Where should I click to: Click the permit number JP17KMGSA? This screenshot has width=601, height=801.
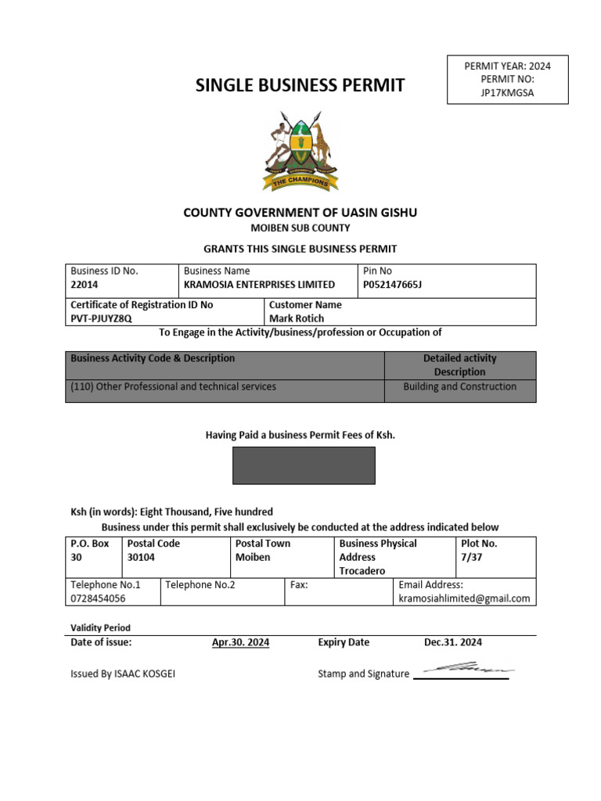pos(507,93)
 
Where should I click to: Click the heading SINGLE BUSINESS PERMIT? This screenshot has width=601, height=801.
pos(300,86)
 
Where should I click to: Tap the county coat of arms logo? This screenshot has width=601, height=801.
pos(300,151)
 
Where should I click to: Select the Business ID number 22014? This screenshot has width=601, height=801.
pos(85,285)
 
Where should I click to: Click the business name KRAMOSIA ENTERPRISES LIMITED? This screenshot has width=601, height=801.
pos(259,285)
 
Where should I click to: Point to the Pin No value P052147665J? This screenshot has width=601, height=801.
pos(391,285)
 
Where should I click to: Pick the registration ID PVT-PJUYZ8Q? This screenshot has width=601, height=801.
pos(102,318)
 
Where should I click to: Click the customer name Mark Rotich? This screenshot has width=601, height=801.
pos(297,318)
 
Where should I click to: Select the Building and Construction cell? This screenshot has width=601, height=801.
pos(460,386)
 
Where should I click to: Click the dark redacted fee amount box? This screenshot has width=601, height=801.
pos(304,465)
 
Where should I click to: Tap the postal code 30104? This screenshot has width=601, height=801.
pos(142,557)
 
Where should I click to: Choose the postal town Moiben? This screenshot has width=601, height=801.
pos(253,557)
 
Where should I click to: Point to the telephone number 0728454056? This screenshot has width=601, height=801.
pos(98,598)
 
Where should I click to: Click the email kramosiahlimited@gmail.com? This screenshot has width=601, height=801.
pos(464,598)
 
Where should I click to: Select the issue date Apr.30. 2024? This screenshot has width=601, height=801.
pos(241,642)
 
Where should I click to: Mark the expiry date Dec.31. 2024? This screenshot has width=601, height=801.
pos(453,642)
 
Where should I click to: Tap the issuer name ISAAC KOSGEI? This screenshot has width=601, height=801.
pos(144,673)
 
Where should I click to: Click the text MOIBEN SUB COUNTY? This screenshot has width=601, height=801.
pos(300,228)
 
